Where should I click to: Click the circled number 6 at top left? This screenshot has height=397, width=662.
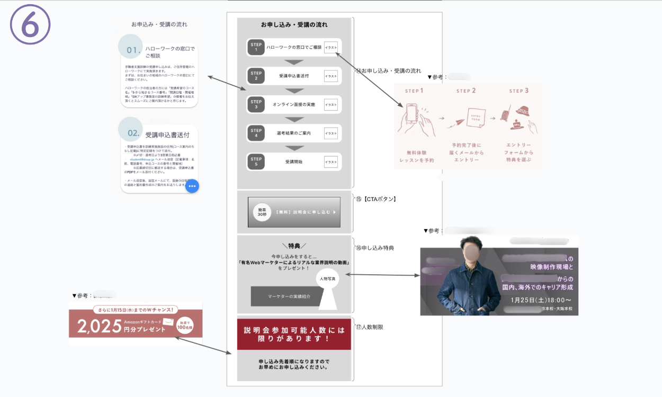(x=30, y=25)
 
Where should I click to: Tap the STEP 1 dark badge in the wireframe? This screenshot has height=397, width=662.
(x=256, y=47)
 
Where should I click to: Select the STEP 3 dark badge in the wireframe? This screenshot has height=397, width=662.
(x=256, y=104)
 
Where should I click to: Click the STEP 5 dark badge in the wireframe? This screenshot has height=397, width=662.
(x=256, y=161)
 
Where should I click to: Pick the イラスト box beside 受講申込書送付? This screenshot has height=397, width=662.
(x=331, y=76)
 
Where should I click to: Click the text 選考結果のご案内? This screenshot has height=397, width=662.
(x=293, y=133)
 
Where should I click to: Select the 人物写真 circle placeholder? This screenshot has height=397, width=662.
(x=328, y=279)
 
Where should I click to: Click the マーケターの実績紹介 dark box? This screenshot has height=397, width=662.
(x=289, y=296)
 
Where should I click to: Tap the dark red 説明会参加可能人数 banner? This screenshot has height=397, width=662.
(x=294, y=334)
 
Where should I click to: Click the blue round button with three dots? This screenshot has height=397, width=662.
(x=192, y=186)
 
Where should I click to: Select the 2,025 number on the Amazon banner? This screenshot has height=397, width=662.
(x=99, y=327)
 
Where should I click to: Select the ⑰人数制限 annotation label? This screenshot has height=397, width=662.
(x=370, y=327)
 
